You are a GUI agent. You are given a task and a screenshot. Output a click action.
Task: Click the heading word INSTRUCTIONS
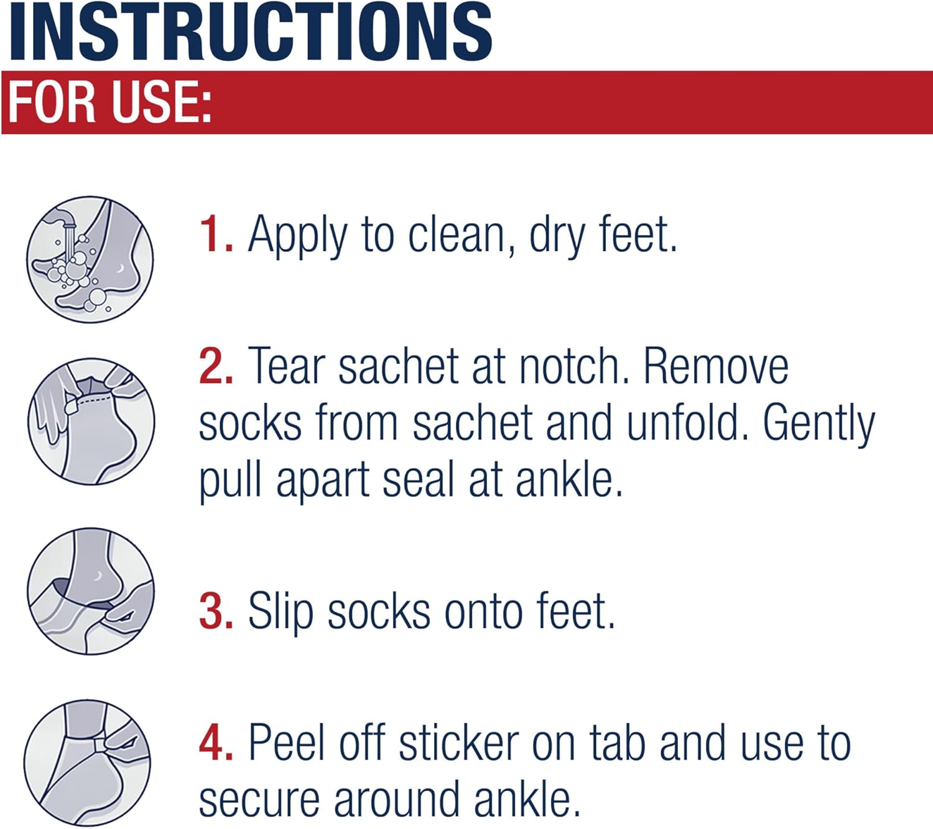[251, 32]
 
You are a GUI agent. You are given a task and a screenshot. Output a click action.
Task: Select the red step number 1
[215, 235]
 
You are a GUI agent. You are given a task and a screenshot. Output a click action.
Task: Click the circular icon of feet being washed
[90, 259]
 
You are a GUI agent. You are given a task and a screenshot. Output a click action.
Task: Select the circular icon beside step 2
[91, 422]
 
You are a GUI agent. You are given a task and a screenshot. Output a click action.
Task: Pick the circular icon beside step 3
[91, 591]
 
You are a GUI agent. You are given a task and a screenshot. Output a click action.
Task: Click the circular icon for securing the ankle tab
[88, 762]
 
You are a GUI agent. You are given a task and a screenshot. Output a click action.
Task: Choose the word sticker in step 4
[458, 743]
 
